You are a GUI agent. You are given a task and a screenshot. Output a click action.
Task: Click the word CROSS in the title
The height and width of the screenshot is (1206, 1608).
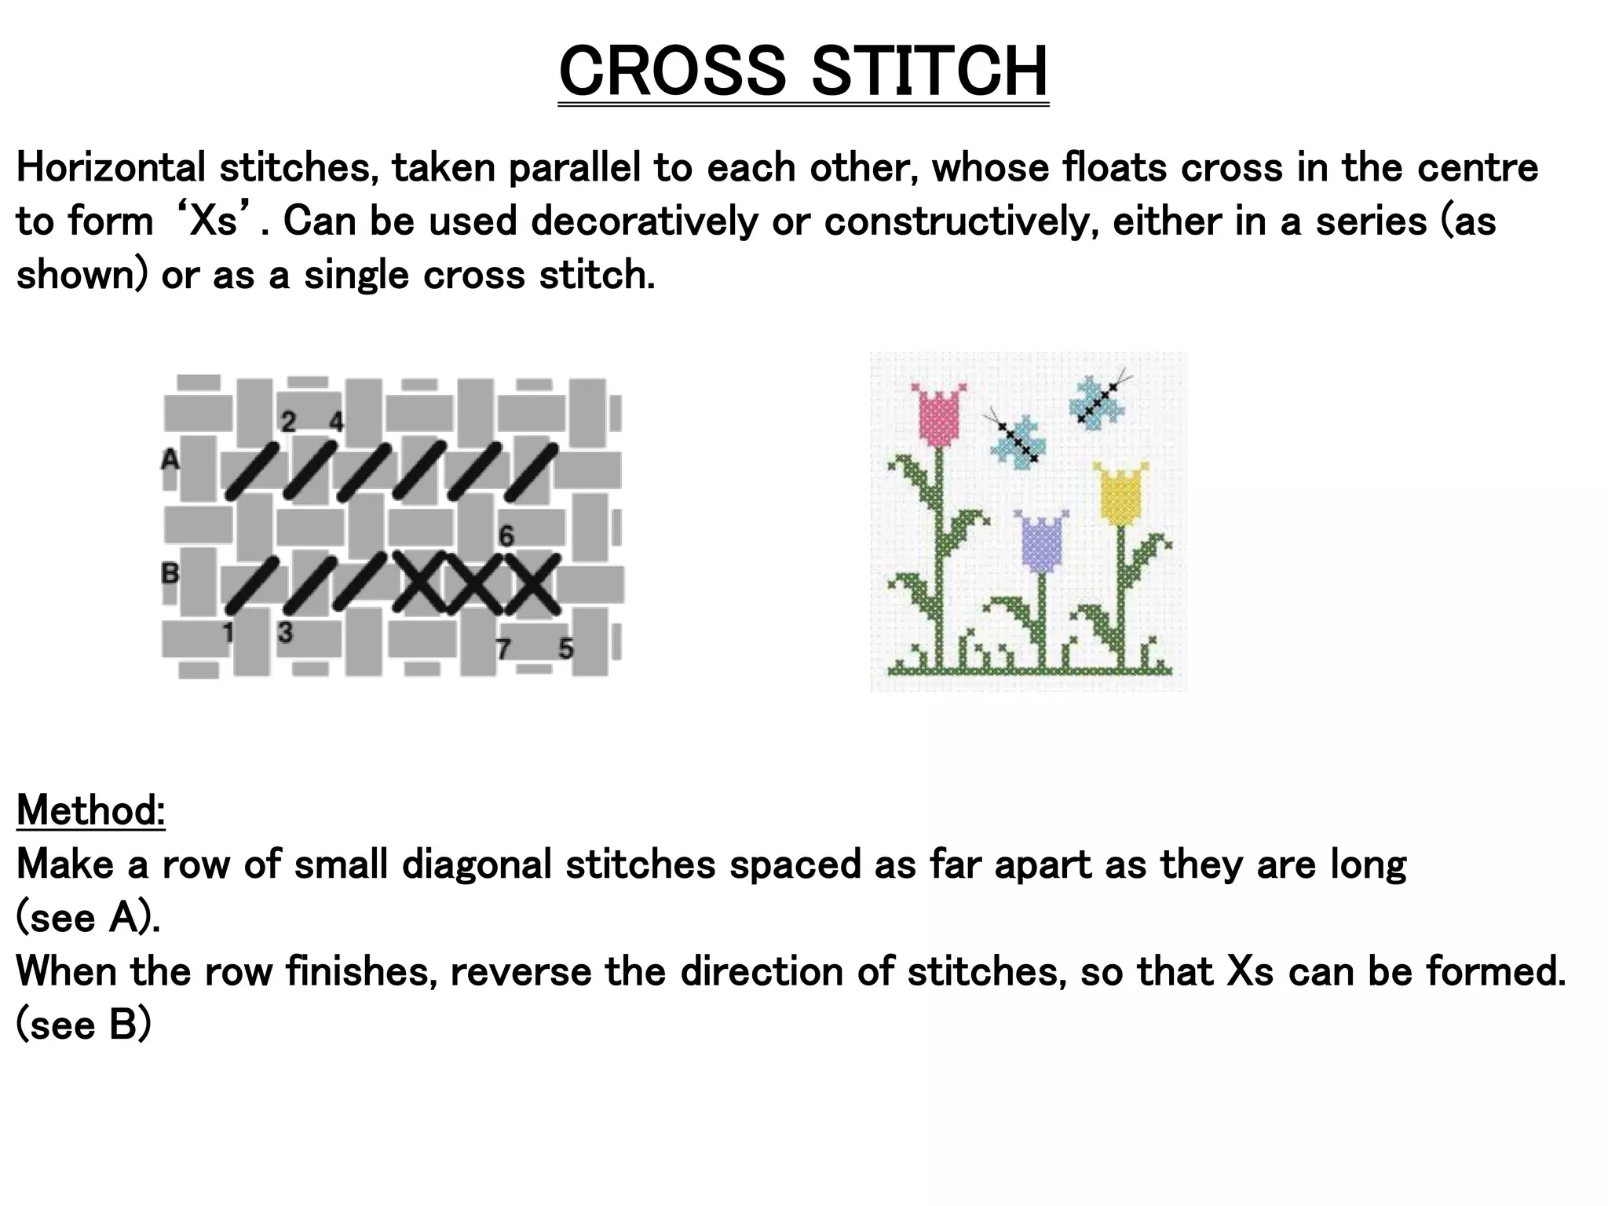[672, 71]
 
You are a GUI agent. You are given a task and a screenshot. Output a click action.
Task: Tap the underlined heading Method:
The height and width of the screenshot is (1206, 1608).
[90, 809]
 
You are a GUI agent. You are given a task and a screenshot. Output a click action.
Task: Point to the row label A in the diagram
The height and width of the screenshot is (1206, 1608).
[170, 459]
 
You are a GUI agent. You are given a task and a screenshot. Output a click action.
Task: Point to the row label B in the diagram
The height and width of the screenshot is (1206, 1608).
[170, 574]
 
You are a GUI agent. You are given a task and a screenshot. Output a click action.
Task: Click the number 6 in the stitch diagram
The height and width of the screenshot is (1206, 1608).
[506, 536]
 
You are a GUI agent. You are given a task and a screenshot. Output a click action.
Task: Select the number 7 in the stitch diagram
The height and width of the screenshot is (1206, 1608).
[504, 649]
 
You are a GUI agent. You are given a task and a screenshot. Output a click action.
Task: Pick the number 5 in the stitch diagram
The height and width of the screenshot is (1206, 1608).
[566, 649]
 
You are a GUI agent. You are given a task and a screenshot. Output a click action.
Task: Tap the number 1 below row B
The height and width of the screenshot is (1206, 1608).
[228, 632]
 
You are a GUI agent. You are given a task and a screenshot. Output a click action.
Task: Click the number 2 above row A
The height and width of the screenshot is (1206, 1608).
[288, 422]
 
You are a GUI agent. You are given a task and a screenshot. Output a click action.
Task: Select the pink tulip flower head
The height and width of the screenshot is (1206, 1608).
[940, 414]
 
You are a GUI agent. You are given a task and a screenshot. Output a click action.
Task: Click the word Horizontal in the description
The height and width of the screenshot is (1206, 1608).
[111, 167]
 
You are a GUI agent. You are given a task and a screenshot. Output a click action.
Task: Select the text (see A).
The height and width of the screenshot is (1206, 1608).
[88, 917]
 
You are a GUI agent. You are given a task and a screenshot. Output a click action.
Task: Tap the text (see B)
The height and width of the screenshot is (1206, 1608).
[83, 1025]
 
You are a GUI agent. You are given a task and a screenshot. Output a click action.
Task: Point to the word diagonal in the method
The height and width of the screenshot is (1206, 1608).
[480, 864]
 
